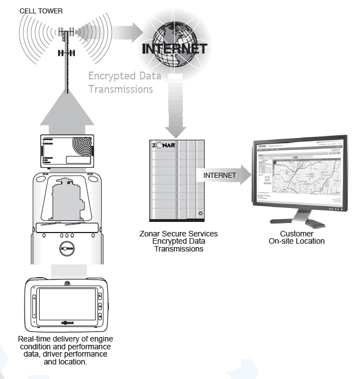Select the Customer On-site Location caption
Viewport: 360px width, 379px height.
(x=296, y=238)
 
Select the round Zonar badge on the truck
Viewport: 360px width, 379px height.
(x=67, y=248)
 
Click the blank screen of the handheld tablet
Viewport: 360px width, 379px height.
(x=67, y=304)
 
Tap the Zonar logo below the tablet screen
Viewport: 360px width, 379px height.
(x=68, y=322)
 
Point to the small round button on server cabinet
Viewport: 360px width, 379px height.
(x=200, y=213)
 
